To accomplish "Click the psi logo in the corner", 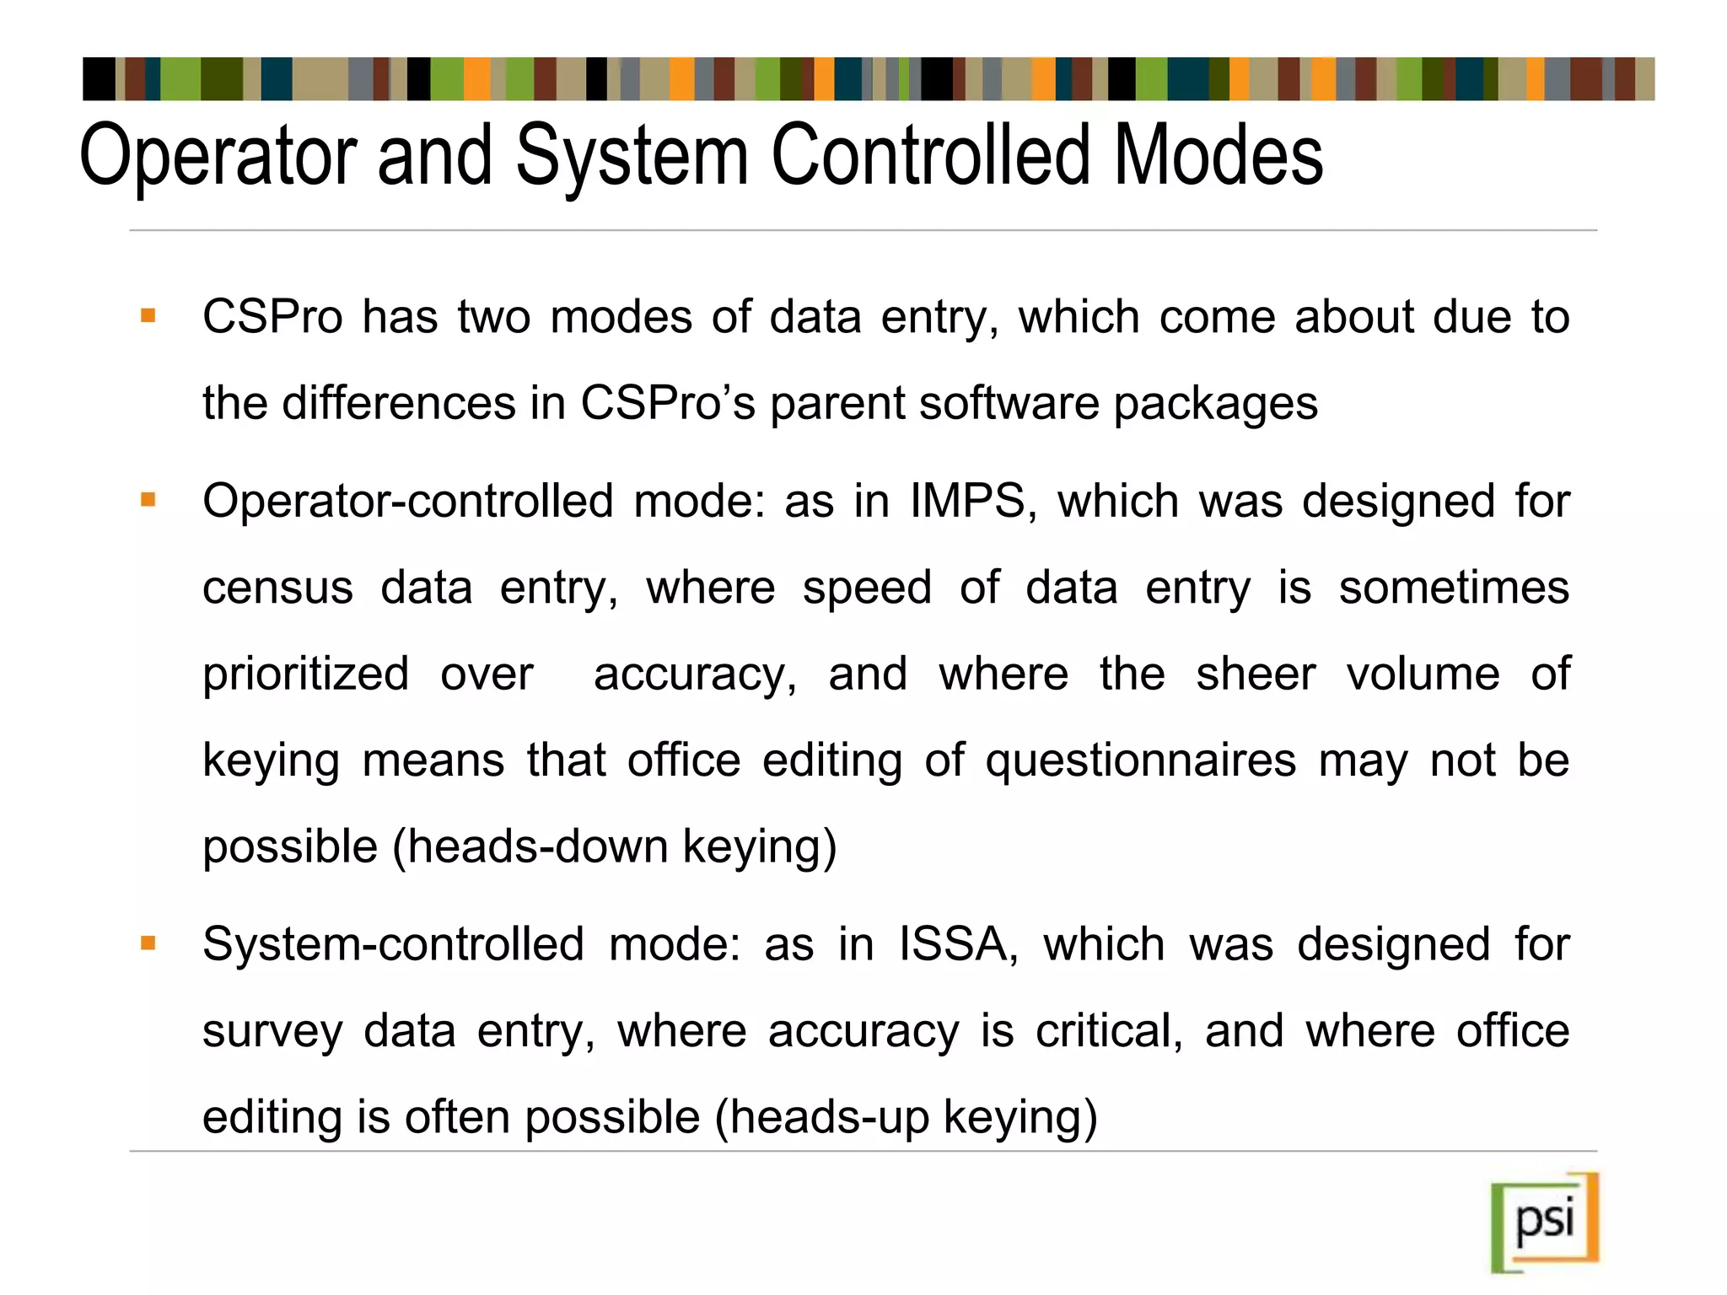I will click(1545, 1222).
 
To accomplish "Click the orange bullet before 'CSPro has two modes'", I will click(148, 317).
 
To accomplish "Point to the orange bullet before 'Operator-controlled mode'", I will click(148, 500).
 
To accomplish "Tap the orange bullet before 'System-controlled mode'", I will click(148, 943).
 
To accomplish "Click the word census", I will click(277, 588).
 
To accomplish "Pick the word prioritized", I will click(306, 674).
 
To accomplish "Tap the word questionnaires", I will click(1140, 760).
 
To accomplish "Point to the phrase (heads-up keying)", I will click(906, 1117).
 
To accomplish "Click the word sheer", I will click(1255, 674).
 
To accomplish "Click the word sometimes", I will click(1454, 588).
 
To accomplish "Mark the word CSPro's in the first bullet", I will click(668, 404).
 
